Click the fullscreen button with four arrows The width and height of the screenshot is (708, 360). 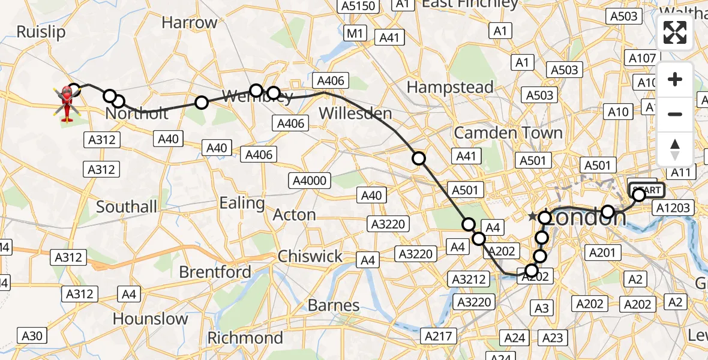[675, 32]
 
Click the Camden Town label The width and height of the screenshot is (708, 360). [508, 133]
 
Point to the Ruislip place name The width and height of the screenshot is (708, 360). [41, 32]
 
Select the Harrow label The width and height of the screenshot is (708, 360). [190, 23]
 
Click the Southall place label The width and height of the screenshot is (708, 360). [127, 207]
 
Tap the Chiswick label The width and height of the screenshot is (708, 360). [310, 256]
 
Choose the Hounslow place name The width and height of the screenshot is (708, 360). [150, 318]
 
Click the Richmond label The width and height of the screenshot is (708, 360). [245, 338]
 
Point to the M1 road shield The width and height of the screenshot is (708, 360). [355, 34]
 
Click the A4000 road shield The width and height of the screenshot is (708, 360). [310, 180]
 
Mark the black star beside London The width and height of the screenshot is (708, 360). [532, 216]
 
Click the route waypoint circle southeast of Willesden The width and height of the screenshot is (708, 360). [418, 158]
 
